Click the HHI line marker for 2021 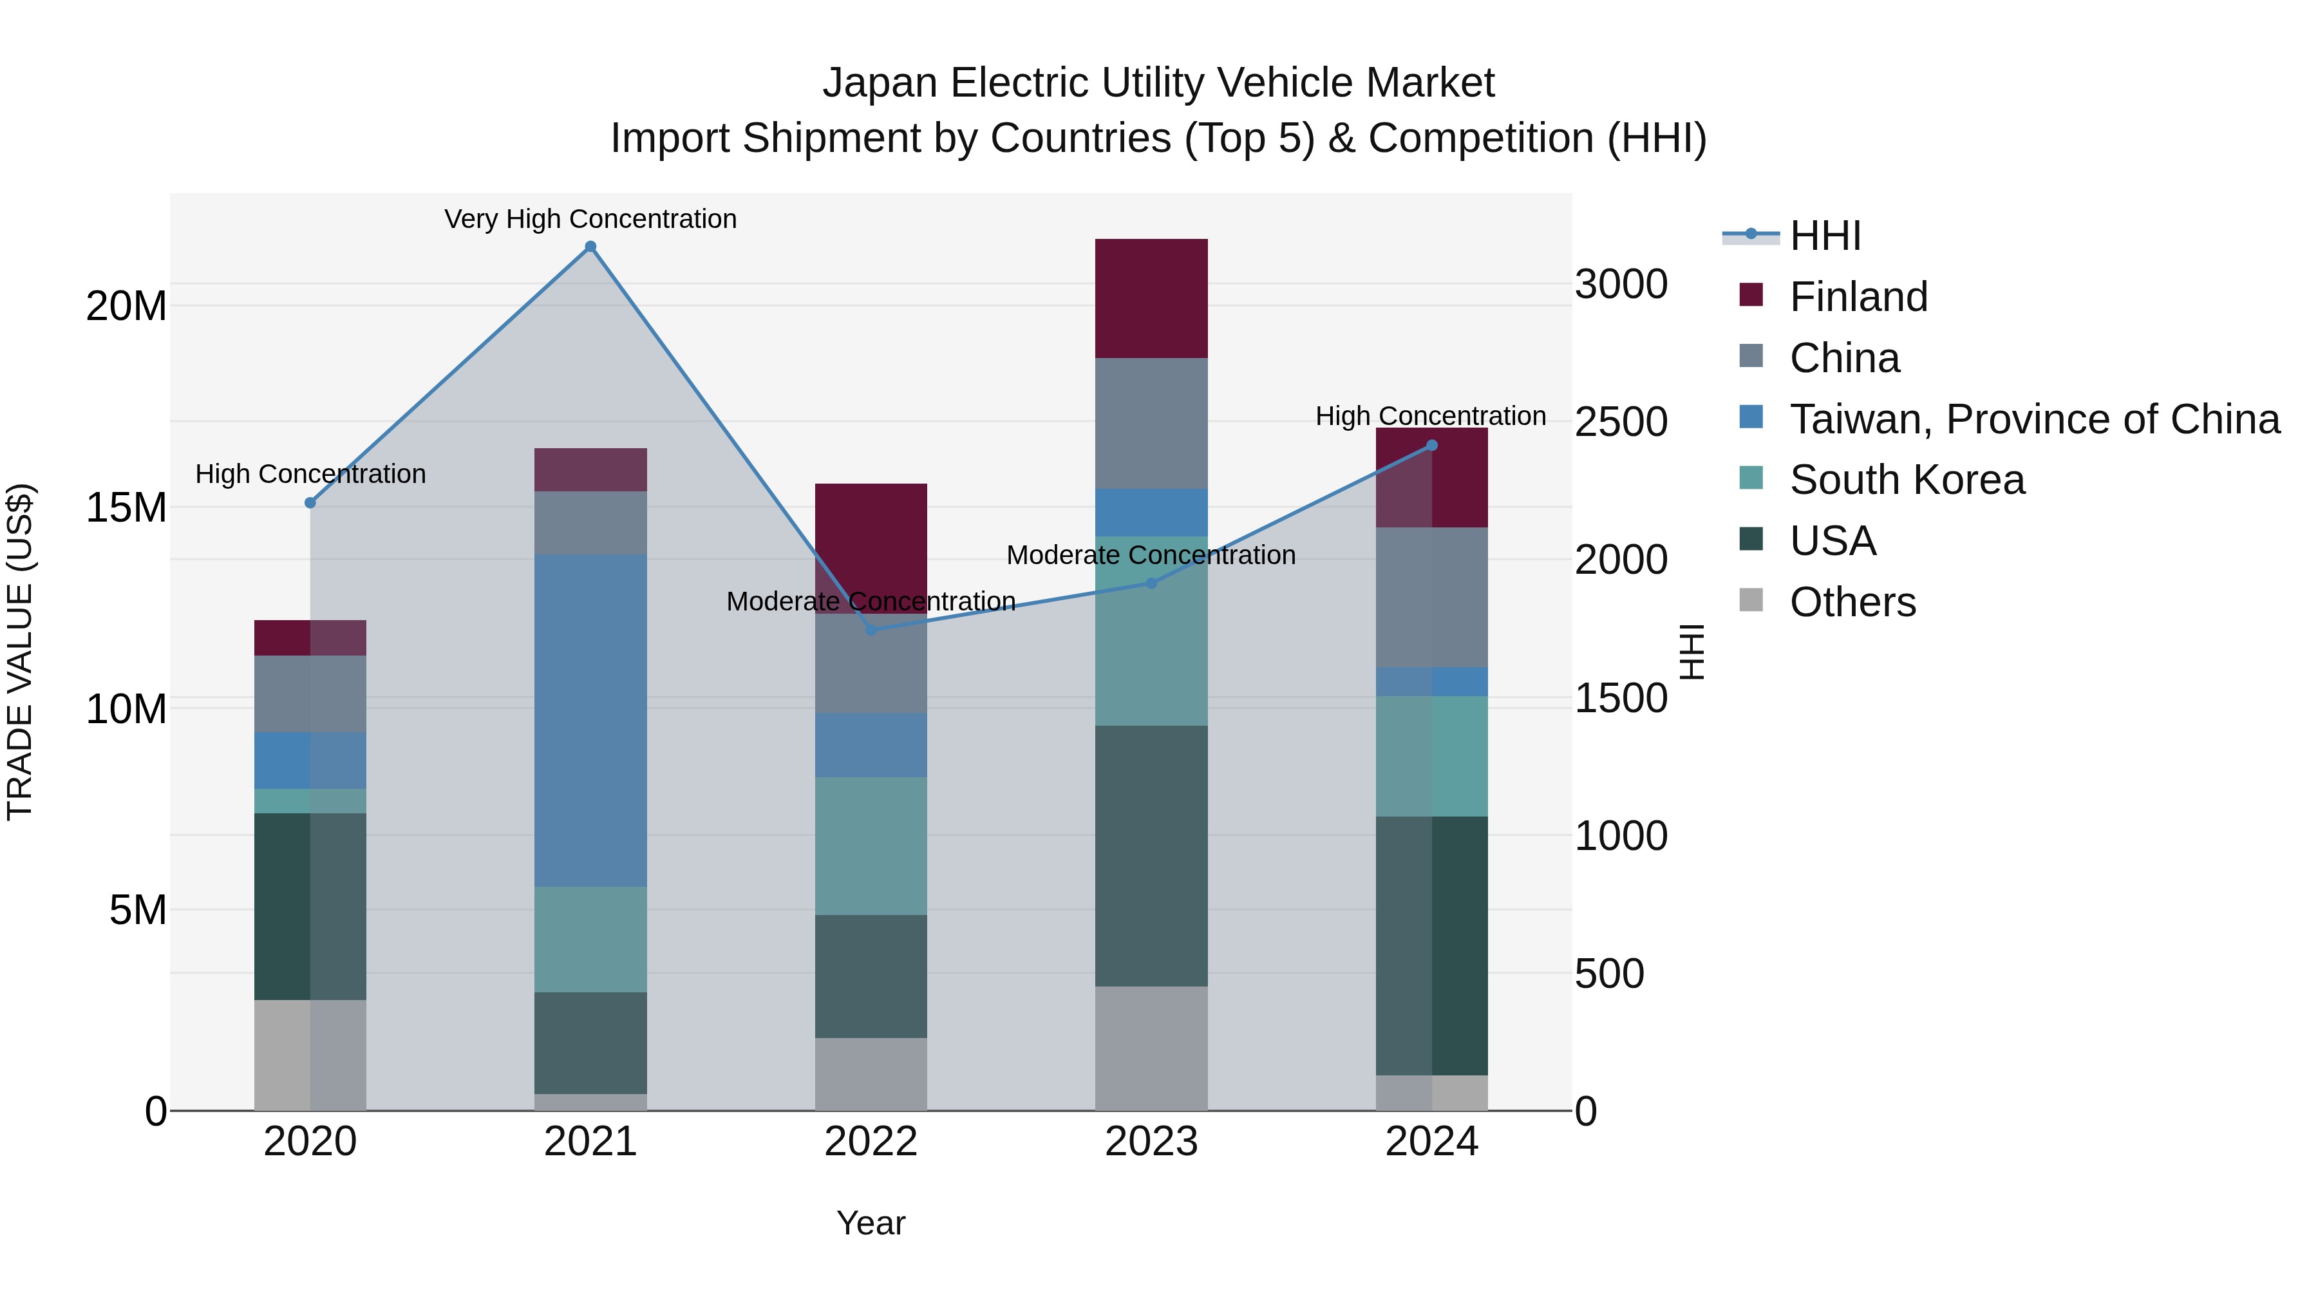(x=590, y=247)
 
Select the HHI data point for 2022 (x=871, y=630)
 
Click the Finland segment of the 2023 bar (x=1151, y=299)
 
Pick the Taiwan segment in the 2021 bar (x=590, y=720)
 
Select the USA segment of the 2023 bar (x=1151, y=855)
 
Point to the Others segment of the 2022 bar (x=871, y=1073)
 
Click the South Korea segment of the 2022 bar (x=871, y=846)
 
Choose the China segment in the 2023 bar (x=1151, y=423)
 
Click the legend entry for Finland (x=1858, y=297)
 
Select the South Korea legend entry (x=1907, y=480)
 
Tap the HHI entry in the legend (x=1825, y=236)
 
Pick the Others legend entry (x=1852, y=602)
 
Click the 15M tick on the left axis (x=126, y=507)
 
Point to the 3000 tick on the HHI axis (x=1621, y=285)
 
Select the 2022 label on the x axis (x=871, y=1142)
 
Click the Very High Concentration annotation (x=590, y=219)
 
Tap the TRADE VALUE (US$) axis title (x=20, y=652)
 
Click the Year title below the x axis (x=870, y=1223)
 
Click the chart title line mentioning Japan (x=1158, y=83)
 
